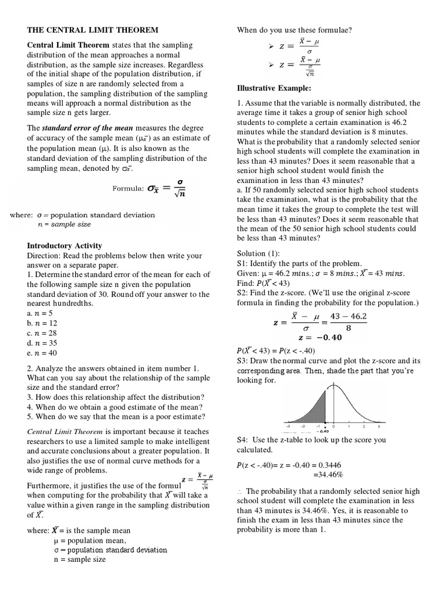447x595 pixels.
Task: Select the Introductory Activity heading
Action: click(x=65, y=246)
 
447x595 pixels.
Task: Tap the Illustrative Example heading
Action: click(x=274, y=88)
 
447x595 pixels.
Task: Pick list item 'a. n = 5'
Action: click(x=40, y=313)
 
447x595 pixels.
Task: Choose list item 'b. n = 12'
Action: click(x=42, y=323)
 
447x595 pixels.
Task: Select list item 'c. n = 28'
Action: click(x=42, y=333)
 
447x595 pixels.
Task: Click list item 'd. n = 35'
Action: click(x=42, y=343)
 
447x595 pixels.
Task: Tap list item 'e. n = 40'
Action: click(x=42, y=353)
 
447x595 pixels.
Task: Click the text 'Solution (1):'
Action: click(x=258, y=254)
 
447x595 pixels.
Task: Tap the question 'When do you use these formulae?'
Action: click(x=292, y=30)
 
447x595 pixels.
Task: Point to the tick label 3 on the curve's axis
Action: click(x=379, y=426)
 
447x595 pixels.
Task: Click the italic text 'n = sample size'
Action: click(x=64, y=224)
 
